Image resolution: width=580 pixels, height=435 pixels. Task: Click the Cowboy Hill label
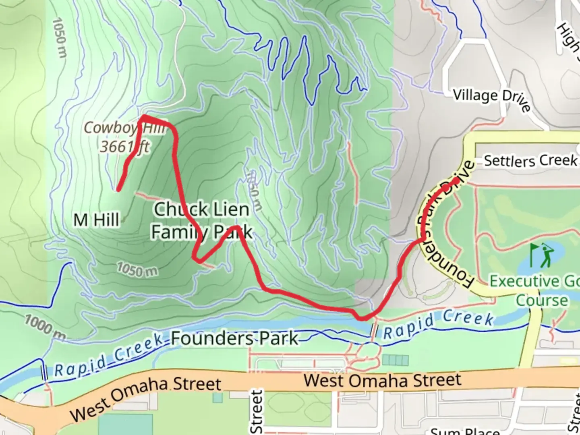(x=124, y=128)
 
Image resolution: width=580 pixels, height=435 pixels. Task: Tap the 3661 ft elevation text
(x=124, y=147)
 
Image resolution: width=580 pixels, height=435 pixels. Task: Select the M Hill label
(x=96, y=220)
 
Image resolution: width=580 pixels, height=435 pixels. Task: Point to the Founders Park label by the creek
(x=235, y=338)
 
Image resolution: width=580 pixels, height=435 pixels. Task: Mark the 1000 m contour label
(x=45, y=326)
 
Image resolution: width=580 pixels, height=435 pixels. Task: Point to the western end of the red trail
(x=118, y=189)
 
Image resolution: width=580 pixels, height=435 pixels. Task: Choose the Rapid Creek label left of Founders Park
(x=109, y=356)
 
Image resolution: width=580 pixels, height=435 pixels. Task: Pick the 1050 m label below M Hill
(x=137, y=269)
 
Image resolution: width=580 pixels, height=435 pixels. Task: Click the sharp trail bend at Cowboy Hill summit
(x=143, y=117)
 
